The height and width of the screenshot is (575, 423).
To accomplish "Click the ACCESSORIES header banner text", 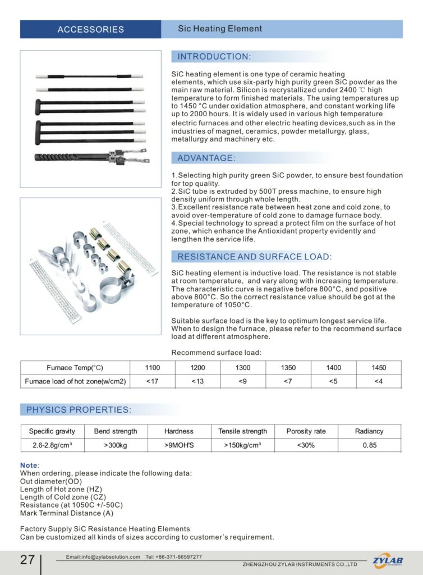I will tap(90, 29).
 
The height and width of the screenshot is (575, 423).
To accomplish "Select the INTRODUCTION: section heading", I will tap(214, 57).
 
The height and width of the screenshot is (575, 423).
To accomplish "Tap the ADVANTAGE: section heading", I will tap(206, 158).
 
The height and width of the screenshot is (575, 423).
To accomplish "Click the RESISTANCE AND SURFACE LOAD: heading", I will tap(254, 257).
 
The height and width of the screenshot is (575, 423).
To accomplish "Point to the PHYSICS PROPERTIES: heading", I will tap(79, 410).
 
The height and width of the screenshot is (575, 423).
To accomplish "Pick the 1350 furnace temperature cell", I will tap(288, 368).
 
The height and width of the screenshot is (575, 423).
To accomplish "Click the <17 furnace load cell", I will tap(152, 382).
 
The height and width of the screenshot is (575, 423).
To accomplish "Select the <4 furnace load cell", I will tap(379, 382).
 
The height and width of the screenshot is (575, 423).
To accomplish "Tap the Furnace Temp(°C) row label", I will tap(75, 368).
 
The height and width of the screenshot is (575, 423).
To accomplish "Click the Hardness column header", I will tap(178, 431).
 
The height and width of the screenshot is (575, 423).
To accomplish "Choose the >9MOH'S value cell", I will tap(178, 445).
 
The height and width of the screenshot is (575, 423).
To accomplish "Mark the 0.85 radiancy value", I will tap(369, 445).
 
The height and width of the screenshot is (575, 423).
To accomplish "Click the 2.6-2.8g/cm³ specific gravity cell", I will tap(52, 445).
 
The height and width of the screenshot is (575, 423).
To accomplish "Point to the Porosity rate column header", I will tap(306, 431).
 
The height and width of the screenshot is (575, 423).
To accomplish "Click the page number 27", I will tap(27, 560).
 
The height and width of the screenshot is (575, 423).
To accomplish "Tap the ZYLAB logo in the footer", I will tap(388, 560).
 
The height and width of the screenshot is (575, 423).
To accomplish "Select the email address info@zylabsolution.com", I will tap(103, 557).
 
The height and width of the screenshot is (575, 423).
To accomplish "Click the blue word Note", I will tap(29, 466).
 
